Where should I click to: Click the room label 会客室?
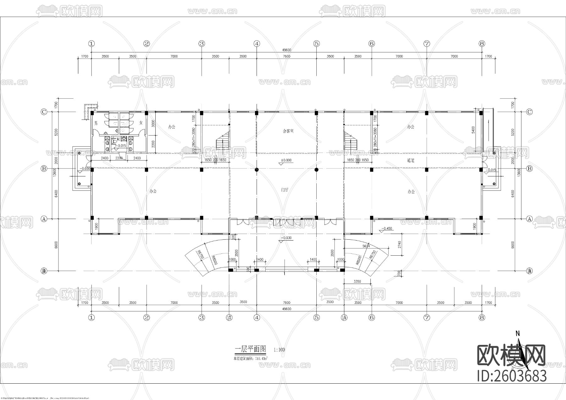(x=288, y=131)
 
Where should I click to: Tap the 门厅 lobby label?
(x=285, y=190)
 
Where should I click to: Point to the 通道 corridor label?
(x=411, y=160)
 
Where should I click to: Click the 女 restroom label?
(x=141, y=123)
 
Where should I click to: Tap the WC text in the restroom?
(x=119, y=139)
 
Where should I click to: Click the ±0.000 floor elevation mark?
(x=286, y=160)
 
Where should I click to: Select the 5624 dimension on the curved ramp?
(x=366, y=246)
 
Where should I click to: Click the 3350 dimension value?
(x=357, y=281)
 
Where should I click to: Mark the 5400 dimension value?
(x=473, y=130)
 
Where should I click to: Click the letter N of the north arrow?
(x=517, y=334)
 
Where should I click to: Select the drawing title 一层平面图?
(x=251, y=349)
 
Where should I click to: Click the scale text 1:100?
(x=279, y=350)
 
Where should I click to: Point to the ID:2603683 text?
(x=512, y=376)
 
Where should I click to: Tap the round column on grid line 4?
(x=257, y=169)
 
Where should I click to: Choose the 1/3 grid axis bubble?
(x=229, y=318)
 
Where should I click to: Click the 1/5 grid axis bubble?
(x=344, y=318)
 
